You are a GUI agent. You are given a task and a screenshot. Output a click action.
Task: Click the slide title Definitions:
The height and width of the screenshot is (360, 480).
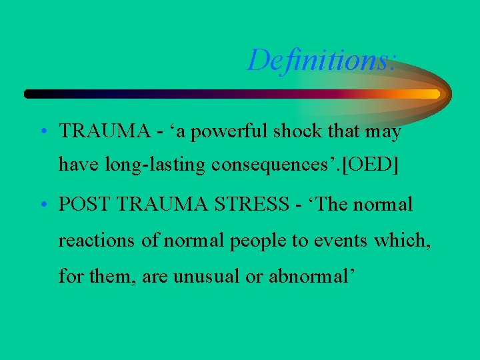(323, 61)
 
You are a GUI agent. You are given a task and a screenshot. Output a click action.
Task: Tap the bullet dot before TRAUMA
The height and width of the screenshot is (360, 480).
(42, 132)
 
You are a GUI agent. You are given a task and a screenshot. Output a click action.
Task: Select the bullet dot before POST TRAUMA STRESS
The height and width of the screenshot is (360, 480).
(42, 205)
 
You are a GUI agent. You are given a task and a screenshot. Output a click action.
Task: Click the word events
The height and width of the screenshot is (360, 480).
(341, 240)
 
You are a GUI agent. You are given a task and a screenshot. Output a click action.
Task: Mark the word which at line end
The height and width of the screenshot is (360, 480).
(402, 240)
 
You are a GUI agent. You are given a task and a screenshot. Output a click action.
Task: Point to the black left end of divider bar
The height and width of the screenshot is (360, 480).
(31, 94)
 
